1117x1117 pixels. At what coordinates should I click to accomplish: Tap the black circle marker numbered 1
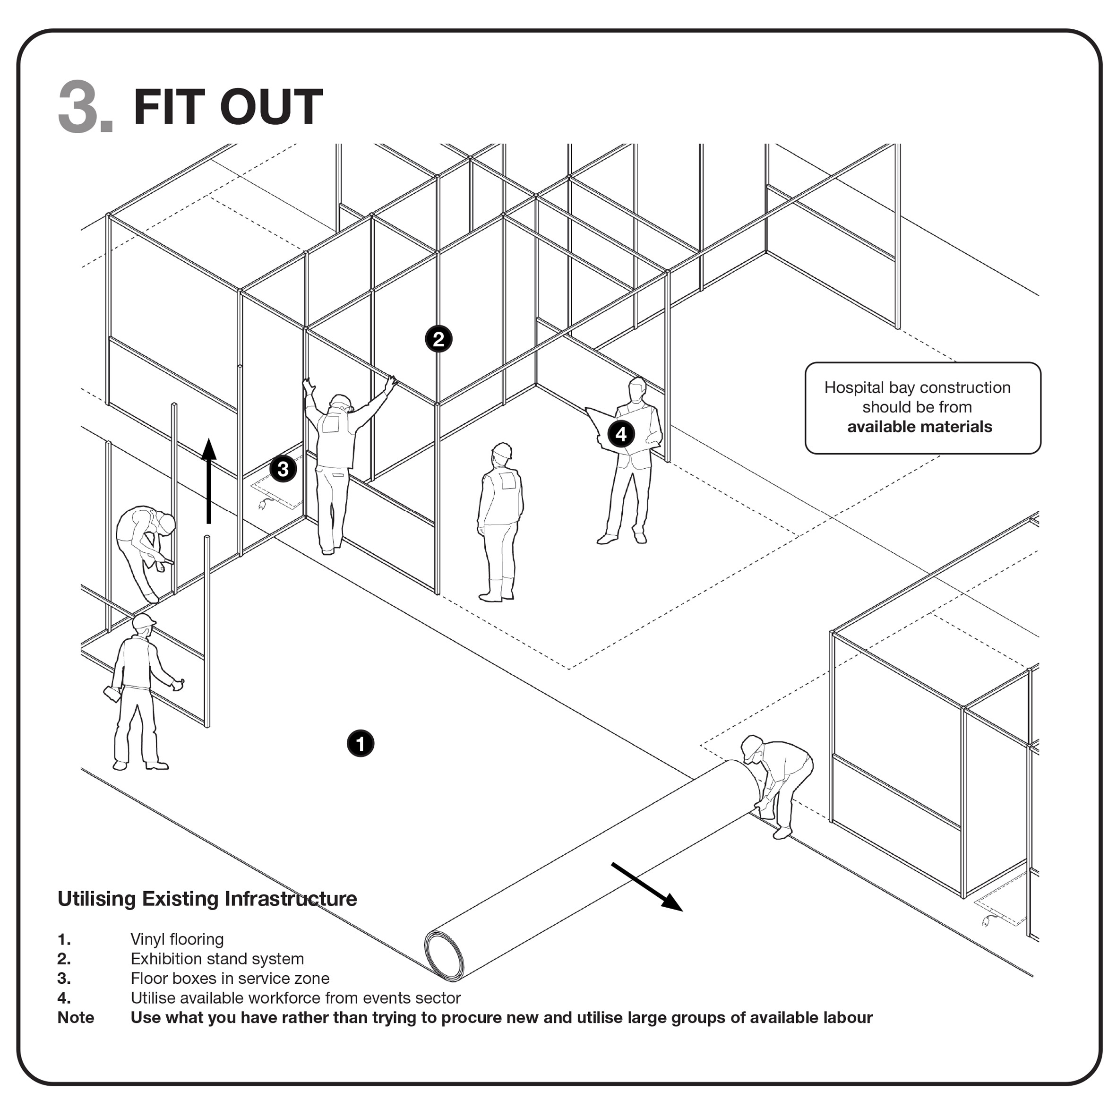pyautogui.click(x=360, y=744)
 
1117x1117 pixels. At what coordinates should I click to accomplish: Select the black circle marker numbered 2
pyautogui.click(x=438, y=339)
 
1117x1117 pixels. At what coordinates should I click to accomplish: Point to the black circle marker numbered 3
pyautogui.click(x=283, y=469)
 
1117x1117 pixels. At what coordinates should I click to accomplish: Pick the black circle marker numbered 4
pyautogui.click(x=621, y=434)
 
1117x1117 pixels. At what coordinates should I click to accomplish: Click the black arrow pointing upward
pyautogui.click(x=209, y=480)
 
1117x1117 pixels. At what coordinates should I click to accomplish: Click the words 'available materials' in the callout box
pyautogui.click(x=919, y=427)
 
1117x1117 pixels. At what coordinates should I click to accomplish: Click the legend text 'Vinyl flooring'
pyautogui.click(x=177, y=939)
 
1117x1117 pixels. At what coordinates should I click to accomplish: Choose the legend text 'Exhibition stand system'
pyautogui.click(x=217, y=959)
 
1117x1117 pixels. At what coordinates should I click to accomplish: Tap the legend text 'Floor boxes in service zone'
pyautogui.click(x=230, y=979)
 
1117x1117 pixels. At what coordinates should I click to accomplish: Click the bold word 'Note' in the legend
pyautogui.click(x=75, y=1018)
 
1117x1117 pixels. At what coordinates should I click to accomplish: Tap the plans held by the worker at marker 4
pyautogui.click(x=601, y=427)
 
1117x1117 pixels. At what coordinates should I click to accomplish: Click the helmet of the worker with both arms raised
pyautogui.click(x=341, y=401)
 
